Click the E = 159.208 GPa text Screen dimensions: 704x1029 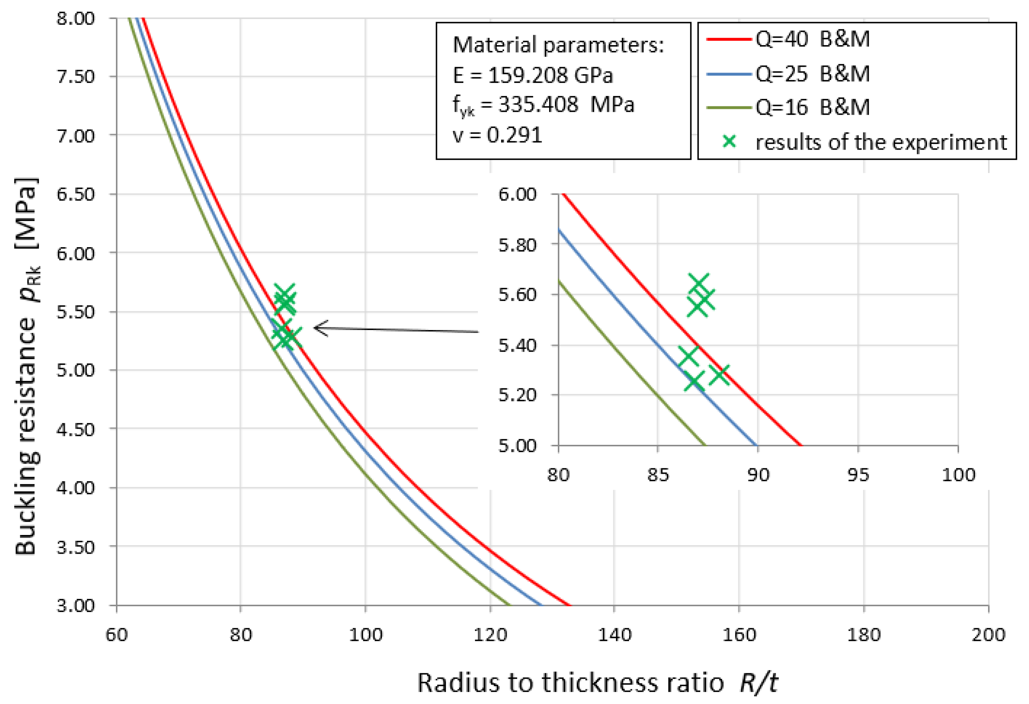point(533,76)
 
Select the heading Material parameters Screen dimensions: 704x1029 point(558,45)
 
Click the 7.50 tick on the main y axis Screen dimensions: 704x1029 point(75,77)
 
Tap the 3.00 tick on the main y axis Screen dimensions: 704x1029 point(75,605)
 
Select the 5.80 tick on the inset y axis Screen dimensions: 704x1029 point(517,245)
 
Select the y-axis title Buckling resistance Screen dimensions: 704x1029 point(26,367)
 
